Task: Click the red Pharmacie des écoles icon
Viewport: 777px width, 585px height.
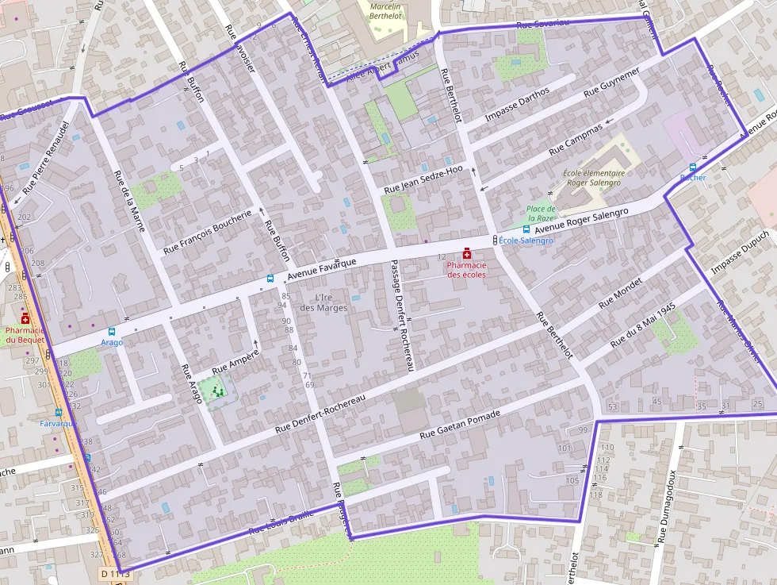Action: [x=467, y=253]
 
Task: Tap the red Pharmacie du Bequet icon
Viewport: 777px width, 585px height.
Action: [x=25, y=318]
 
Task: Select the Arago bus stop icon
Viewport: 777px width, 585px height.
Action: [x=111, y=331]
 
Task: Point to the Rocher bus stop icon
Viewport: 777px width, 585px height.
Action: [x=693, y=167]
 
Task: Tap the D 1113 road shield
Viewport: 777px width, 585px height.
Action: [x=116, y=573]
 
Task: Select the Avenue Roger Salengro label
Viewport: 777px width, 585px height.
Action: [x=581, y=221]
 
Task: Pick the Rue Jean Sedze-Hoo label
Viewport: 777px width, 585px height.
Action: [x=423, y=179]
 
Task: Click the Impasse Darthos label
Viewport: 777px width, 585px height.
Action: [x=517, y=105]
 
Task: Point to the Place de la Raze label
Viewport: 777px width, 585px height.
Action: [x=541, y=213]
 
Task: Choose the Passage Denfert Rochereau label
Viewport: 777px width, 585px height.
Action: [x=402, y=315]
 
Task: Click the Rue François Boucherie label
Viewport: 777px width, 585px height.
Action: [x=207, y=232]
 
